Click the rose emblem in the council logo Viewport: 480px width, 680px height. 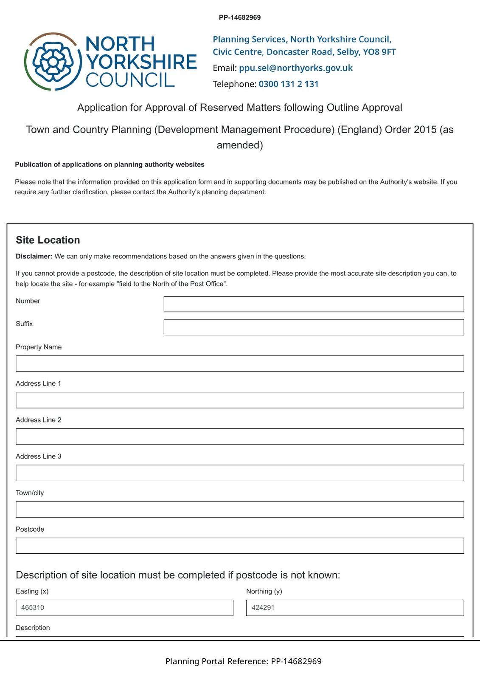[x=53, y=62]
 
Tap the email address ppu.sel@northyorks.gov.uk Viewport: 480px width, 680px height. [x=296, y=68]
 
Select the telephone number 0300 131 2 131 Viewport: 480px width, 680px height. [x=289, y=84]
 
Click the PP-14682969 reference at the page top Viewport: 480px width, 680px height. [x=240, y=17]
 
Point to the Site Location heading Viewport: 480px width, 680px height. [x=48, y=240]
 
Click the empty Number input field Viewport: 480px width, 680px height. [x=314, y=304]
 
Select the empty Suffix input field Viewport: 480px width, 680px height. [x=314, y=327]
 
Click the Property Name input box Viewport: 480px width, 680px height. [x=240, y=364]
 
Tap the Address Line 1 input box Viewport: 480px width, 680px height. [x=240, y=400]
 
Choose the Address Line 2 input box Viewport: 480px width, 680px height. [x=240, y=436]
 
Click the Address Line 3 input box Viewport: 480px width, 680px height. [x=240, y=473]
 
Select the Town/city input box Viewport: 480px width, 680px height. [x=240, y=509]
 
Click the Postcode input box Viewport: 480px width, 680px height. [x=240, y=546]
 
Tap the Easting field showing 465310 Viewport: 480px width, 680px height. [x=124, y=608]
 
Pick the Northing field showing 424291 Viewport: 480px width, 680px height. [x=355, y=608]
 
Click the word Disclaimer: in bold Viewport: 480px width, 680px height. [x=34, y=256]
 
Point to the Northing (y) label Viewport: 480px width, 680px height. [x=264, y=591]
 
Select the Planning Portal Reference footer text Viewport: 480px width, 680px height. [x=243, y=661]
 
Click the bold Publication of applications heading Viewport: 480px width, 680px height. [x=109, y=164]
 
